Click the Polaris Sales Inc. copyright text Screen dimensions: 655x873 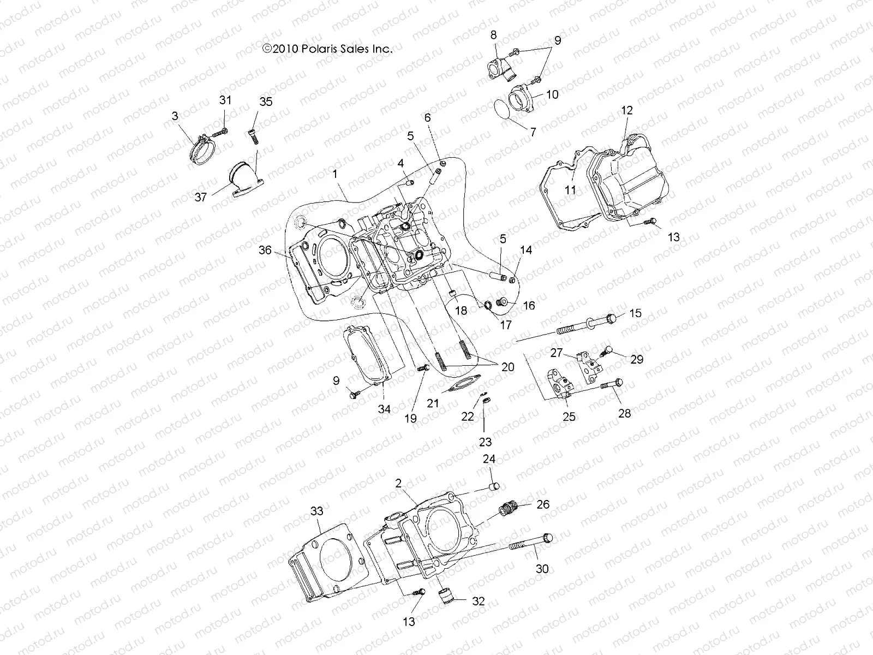pos(327,49)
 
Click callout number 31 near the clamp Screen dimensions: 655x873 pos(225,100)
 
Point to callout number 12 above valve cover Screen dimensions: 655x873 pos(626,110)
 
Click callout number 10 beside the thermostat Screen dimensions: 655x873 pos(552,94)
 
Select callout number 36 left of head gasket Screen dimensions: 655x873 pos(265,250)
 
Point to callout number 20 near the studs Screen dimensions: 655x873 pos(507,367)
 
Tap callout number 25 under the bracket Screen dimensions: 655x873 pos(569,417)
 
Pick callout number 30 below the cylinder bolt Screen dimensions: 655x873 pos(542,569)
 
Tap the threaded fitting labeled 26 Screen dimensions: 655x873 pos(507,510)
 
